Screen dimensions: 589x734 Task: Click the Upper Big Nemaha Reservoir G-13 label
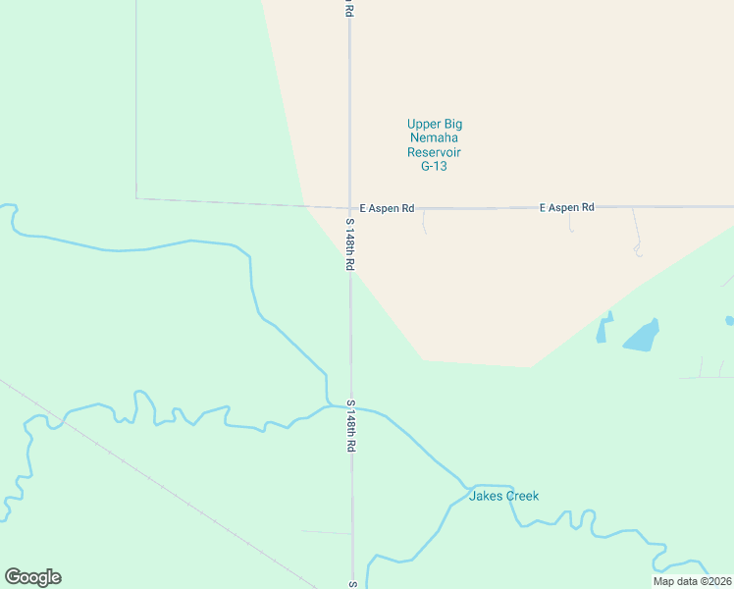pos(434,145)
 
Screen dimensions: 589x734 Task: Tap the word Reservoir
pos(434,152)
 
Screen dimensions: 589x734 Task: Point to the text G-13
pos(434,167)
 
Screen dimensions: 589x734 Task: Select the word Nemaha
pos(434,138)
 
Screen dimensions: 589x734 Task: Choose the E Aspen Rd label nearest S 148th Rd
pos(387,208)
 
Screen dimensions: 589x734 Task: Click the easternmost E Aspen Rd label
pos(566,207)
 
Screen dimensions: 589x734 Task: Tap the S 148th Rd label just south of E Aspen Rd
pos(348,244)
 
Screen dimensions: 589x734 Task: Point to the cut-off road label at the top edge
pos(347,8)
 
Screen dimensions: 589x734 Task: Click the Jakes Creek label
pos(503,496)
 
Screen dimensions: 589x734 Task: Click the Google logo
pos(32,577)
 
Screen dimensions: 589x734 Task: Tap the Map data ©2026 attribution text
pos(692,581)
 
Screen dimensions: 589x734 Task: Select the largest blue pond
pos(640,337)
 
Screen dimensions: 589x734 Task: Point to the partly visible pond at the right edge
pos(729,320)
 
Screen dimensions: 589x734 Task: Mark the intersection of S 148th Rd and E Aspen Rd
pos(349,208)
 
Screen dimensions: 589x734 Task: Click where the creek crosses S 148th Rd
pos(350,404)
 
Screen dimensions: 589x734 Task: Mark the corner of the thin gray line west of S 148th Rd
pos(136,198)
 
